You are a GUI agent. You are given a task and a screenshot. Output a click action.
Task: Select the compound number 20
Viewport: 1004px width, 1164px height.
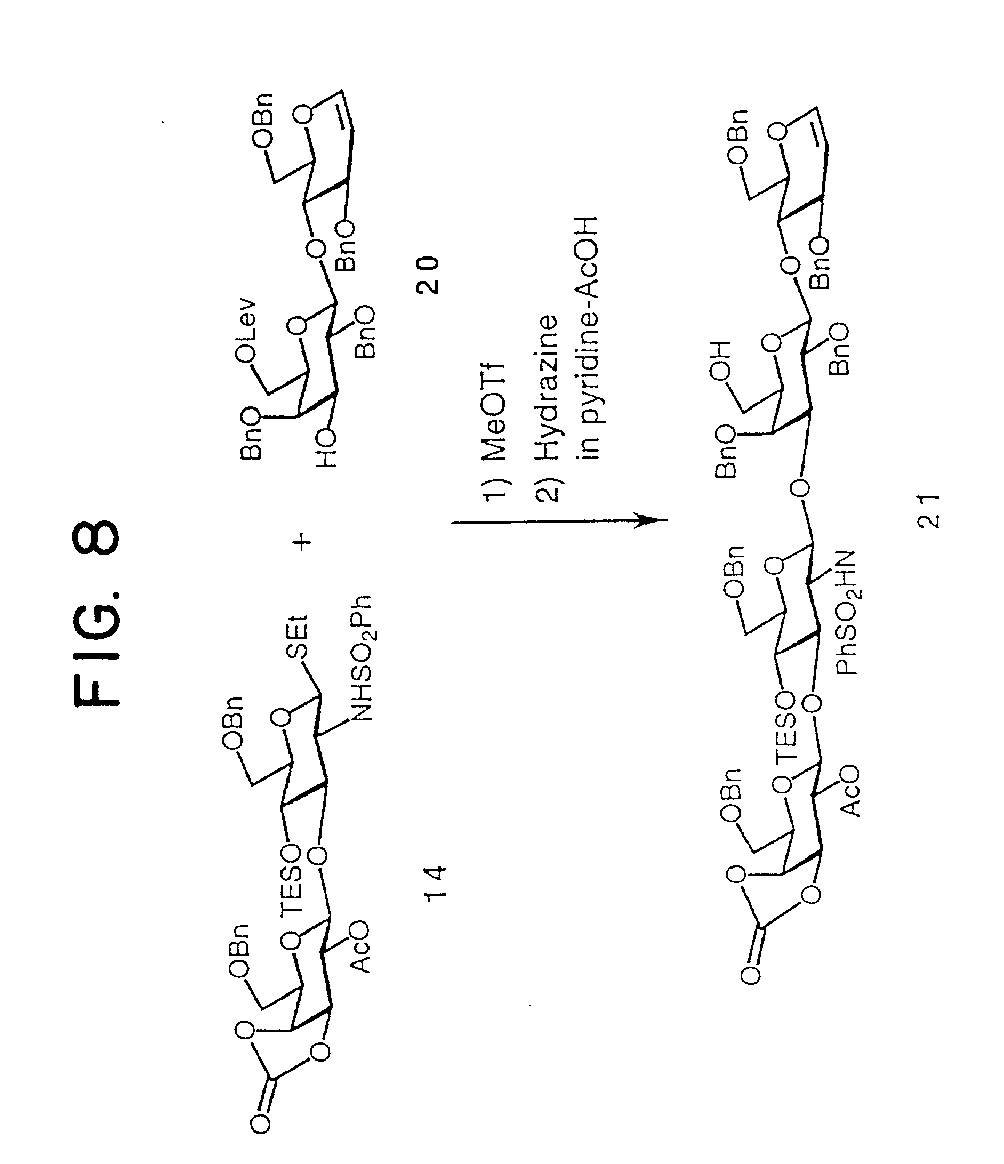[428, 275]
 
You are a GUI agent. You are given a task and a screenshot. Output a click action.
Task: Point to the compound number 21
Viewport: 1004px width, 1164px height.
[928, 511]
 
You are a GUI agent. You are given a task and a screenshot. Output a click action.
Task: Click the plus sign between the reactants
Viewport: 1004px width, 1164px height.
[303, 542]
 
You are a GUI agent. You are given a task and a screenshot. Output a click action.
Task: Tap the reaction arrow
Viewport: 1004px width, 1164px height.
[559, 521]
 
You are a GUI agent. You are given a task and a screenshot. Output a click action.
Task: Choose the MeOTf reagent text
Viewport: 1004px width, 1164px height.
[494, 413]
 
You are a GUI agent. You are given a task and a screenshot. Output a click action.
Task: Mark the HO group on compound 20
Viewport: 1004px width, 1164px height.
[325, 449]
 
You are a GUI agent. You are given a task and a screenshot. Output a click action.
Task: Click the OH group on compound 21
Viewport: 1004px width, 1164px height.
[721, 360]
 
